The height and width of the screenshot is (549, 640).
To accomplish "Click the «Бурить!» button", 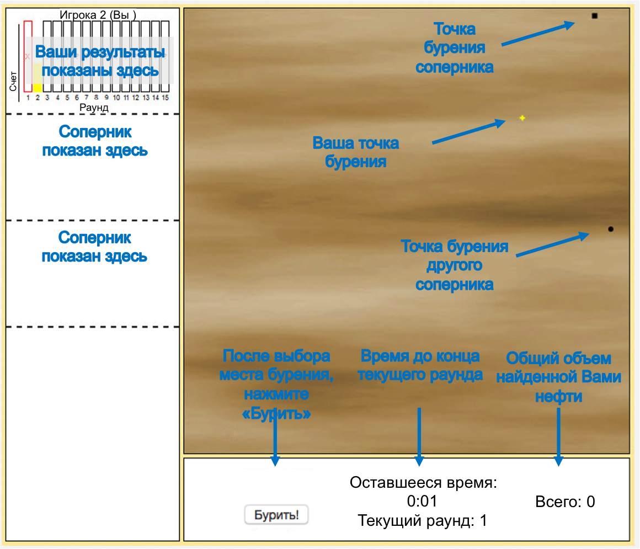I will [276, 515].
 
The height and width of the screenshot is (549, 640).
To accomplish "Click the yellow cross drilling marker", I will [522, 118].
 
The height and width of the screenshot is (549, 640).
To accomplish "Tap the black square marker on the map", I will [594, 16].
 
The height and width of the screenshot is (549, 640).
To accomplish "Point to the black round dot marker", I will [610, 228].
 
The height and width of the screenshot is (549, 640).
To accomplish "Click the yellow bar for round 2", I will [38, 87].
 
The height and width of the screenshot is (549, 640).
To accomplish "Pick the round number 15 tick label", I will [165, 98].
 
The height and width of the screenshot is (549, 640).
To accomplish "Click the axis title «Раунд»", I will [94, 107].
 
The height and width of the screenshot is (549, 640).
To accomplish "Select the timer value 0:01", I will [422, 502].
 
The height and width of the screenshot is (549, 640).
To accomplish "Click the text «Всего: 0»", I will [565, 502].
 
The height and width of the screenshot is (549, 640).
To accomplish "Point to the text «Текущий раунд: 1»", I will [422, 520].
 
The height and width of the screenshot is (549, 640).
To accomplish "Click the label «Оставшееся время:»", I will [423, 483].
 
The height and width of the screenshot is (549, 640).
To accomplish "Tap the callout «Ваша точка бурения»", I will [355, 152].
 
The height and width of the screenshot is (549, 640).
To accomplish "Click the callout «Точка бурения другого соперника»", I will [454, 265].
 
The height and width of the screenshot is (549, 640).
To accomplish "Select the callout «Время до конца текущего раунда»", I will [420, 365].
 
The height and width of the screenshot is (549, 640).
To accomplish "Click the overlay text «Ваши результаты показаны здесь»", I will [100, 61].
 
